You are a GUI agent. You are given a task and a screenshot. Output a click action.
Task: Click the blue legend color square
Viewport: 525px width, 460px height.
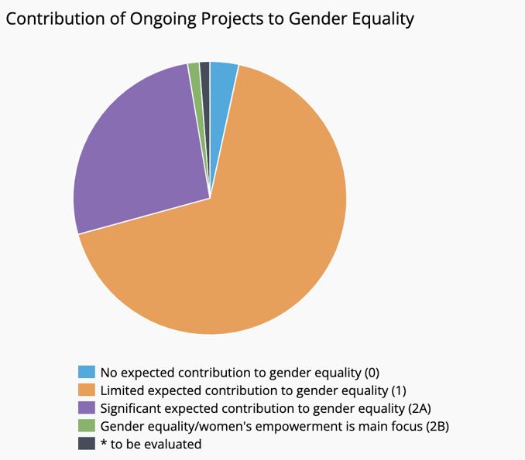[x=87, y=373]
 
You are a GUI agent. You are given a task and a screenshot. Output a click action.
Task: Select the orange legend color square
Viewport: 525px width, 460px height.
[x=87, y=390]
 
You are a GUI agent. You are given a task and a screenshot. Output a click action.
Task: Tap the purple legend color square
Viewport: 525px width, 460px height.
[x=87, y=408]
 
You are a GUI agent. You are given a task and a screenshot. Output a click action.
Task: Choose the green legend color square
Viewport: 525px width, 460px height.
[x=87, y=426]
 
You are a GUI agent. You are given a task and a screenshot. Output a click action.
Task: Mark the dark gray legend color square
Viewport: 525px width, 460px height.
[x=87, y=444]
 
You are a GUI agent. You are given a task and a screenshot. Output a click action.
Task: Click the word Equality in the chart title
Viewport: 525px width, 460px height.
[x=383, y=19]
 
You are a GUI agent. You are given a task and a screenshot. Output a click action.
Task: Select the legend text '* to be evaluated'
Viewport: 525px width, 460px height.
[x=150, y=444]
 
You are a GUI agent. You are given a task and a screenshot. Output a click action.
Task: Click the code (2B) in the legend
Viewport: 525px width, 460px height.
[x=433, y=426]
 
